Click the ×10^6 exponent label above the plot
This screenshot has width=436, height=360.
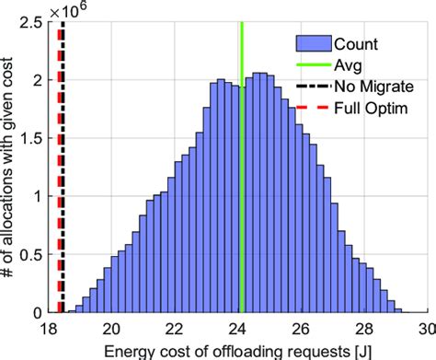[73, 10]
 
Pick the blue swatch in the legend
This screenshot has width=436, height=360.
[314, 42]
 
